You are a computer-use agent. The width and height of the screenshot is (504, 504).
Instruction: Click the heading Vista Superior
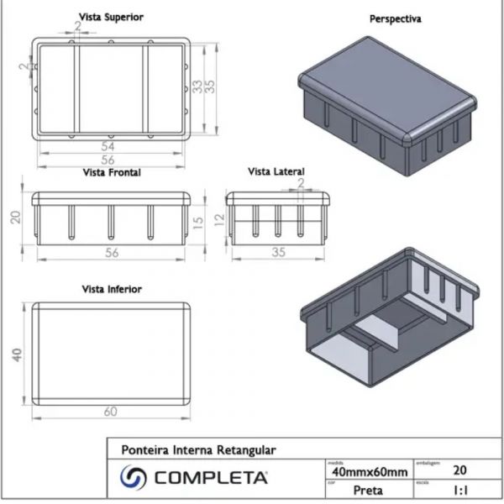(x=110, y=17)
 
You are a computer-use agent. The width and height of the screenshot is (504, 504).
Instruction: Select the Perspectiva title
(x=396, y=18)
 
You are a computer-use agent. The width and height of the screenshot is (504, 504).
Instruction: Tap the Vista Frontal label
(x=111, y=173)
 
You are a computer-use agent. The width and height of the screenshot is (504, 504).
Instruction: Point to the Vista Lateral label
(x=276, y=172)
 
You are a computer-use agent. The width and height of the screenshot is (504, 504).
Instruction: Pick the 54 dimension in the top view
(x=108, y=146)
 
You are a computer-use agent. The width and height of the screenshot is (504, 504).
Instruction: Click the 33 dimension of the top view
(x=197, y=86)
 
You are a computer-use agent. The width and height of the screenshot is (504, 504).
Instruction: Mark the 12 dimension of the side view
(x=218, y=221)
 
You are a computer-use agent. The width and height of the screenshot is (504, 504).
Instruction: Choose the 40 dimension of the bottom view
(x=14, y=354)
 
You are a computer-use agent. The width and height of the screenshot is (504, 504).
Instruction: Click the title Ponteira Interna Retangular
(x=198, y=449)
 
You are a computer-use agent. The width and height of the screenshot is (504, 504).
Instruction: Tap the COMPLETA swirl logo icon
(x=134, y=479)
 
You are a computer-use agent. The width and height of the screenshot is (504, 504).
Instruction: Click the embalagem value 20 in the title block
(x=459, y=471)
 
